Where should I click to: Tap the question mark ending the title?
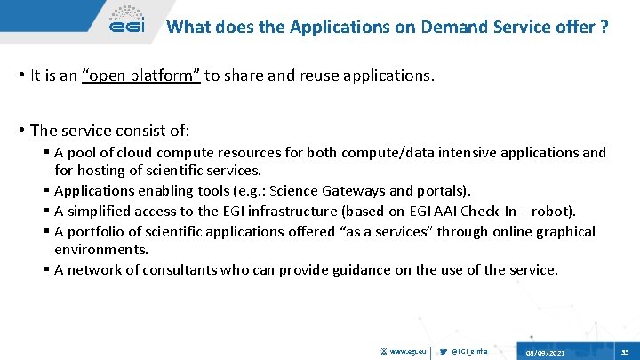[x=604, y=27]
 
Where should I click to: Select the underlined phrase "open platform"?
[x=140, y=76]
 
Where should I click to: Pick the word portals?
[x=445, y=190]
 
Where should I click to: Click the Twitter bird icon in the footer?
[x=444, y=353]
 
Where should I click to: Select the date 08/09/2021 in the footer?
[x=545, y=353]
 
